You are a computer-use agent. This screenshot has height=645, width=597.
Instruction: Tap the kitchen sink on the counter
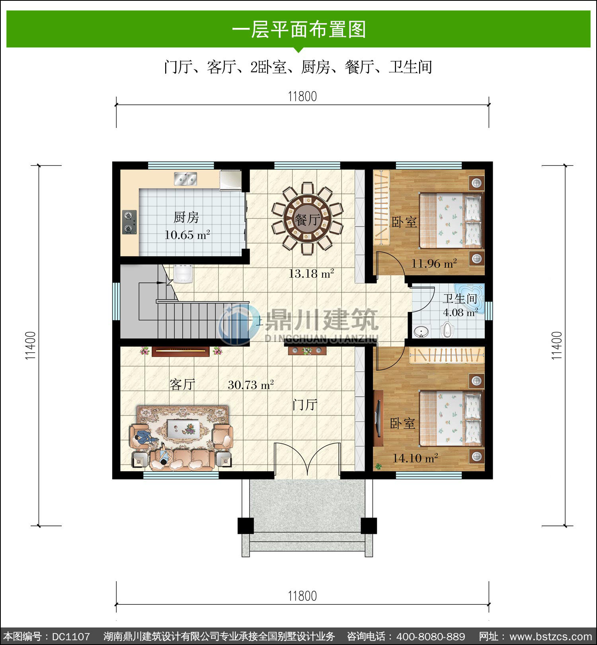coord(185,179)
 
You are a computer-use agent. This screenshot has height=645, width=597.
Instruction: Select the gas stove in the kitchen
coord(129,222)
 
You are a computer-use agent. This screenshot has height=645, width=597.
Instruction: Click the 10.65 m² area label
coord(187,235)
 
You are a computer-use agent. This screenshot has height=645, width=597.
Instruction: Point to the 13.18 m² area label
coord(311,273)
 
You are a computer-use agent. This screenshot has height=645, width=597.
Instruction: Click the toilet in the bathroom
coord(447,330)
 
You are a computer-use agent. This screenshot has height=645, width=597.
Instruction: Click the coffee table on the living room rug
coord(183,429)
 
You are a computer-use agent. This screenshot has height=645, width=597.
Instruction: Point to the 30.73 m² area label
coord(251,385)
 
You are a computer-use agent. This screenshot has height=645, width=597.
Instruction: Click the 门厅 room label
coord(305,405)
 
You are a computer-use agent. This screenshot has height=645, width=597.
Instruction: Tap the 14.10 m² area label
coord(416,458)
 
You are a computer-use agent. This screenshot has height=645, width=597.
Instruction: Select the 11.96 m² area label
coord(434,263)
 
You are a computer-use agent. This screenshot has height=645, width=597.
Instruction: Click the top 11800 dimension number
coord(302,96)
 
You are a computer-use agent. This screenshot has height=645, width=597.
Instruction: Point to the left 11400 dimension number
coord(31,345)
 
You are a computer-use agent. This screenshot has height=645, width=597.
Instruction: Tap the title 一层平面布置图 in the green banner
coord(299,29)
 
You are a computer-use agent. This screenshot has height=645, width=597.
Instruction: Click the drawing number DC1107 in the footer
coord(71,636)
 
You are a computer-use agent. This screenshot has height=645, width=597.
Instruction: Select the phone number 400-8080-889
coord(431,636)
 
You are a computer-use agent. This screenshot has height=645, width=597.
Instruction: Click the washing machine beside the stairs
coord(183,273)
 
